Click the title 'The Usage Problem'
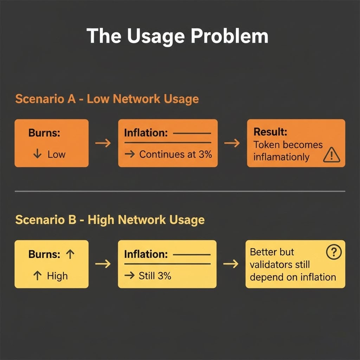(177, 36)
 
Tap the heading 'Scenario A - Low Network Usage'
(107, 99)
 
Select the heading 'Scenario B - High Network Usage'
(110, 220)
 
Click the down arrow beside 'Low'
(37, 154)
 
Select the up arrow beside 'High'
(37, 276)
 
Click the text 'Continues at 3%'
(175, 154)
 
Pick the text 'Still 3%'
(155, 276)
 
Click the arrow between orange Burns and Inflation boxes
(103, 143)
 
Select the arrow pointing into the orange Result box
(232, 143)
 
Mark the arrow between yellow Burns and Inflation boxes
(103, 264)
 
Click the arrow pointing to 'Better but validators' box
(231, 264)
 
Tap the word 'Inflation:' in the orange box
(146, 133)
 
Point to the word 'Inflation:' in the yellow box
(146, 255)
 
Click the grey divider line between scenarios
(180, 191)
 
